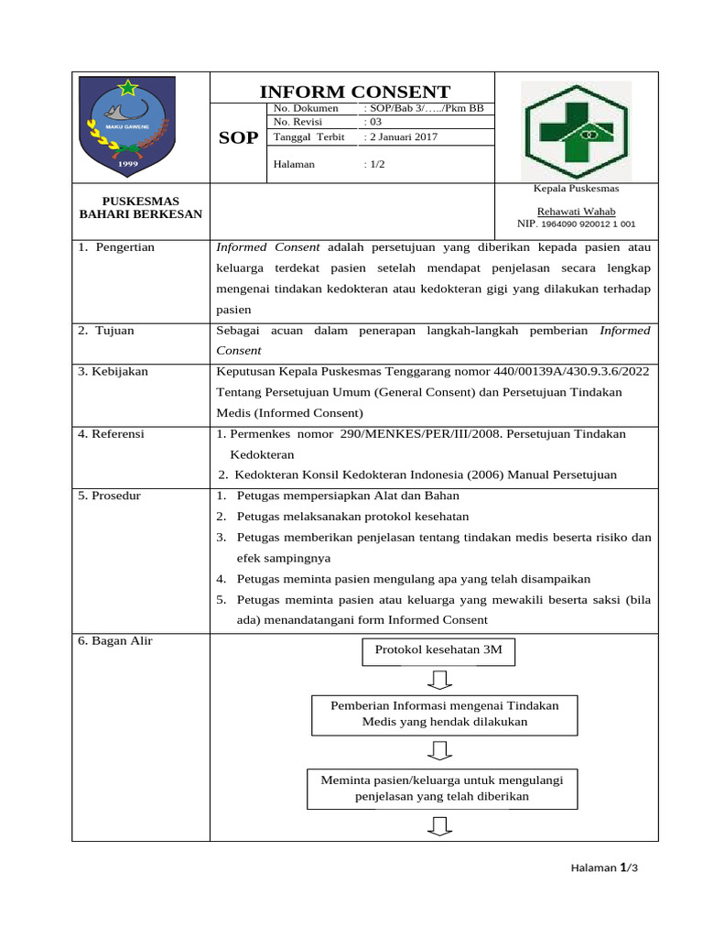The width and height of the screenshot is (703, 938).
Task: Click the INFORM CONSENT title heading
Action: point(355,92)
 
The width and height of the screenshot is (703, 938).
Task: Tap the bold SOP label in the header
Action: point(238,138)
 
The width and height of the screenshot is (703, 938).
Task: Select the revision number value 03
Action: point(373,122)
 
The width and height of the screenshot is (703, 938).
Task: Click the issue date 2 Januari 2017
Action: point(401,137)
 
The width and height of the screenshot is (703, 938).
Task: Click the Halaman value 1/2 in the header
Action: point(374,165)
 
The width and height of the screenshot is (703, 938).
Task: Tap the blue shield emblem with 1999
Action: point(124,127)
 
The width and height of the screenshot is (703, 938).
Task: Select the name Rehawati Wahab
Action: point(576,211)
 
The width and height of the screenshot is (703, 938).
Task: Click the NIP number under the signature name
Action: point(576,224)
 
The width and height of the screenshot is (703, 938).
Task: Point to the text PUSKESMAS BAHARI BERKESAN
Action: point(141,207)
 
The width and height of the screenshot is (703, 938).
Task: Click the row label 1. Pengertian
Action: point(116,247)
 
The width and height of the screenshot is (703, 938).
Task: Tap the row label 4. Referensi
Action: point(111,434)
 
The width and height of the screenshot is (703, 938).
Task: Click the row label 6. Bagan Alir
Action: point(115,641)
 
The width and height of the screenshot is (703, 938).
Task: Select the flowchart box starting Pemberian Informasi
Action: point(444,714)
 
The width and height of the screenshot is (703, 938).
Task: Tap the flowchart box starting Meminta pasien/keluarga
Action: point(442,788)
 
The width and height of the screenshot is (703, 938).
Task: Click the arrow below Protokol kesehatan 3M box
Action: point(440,680)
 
